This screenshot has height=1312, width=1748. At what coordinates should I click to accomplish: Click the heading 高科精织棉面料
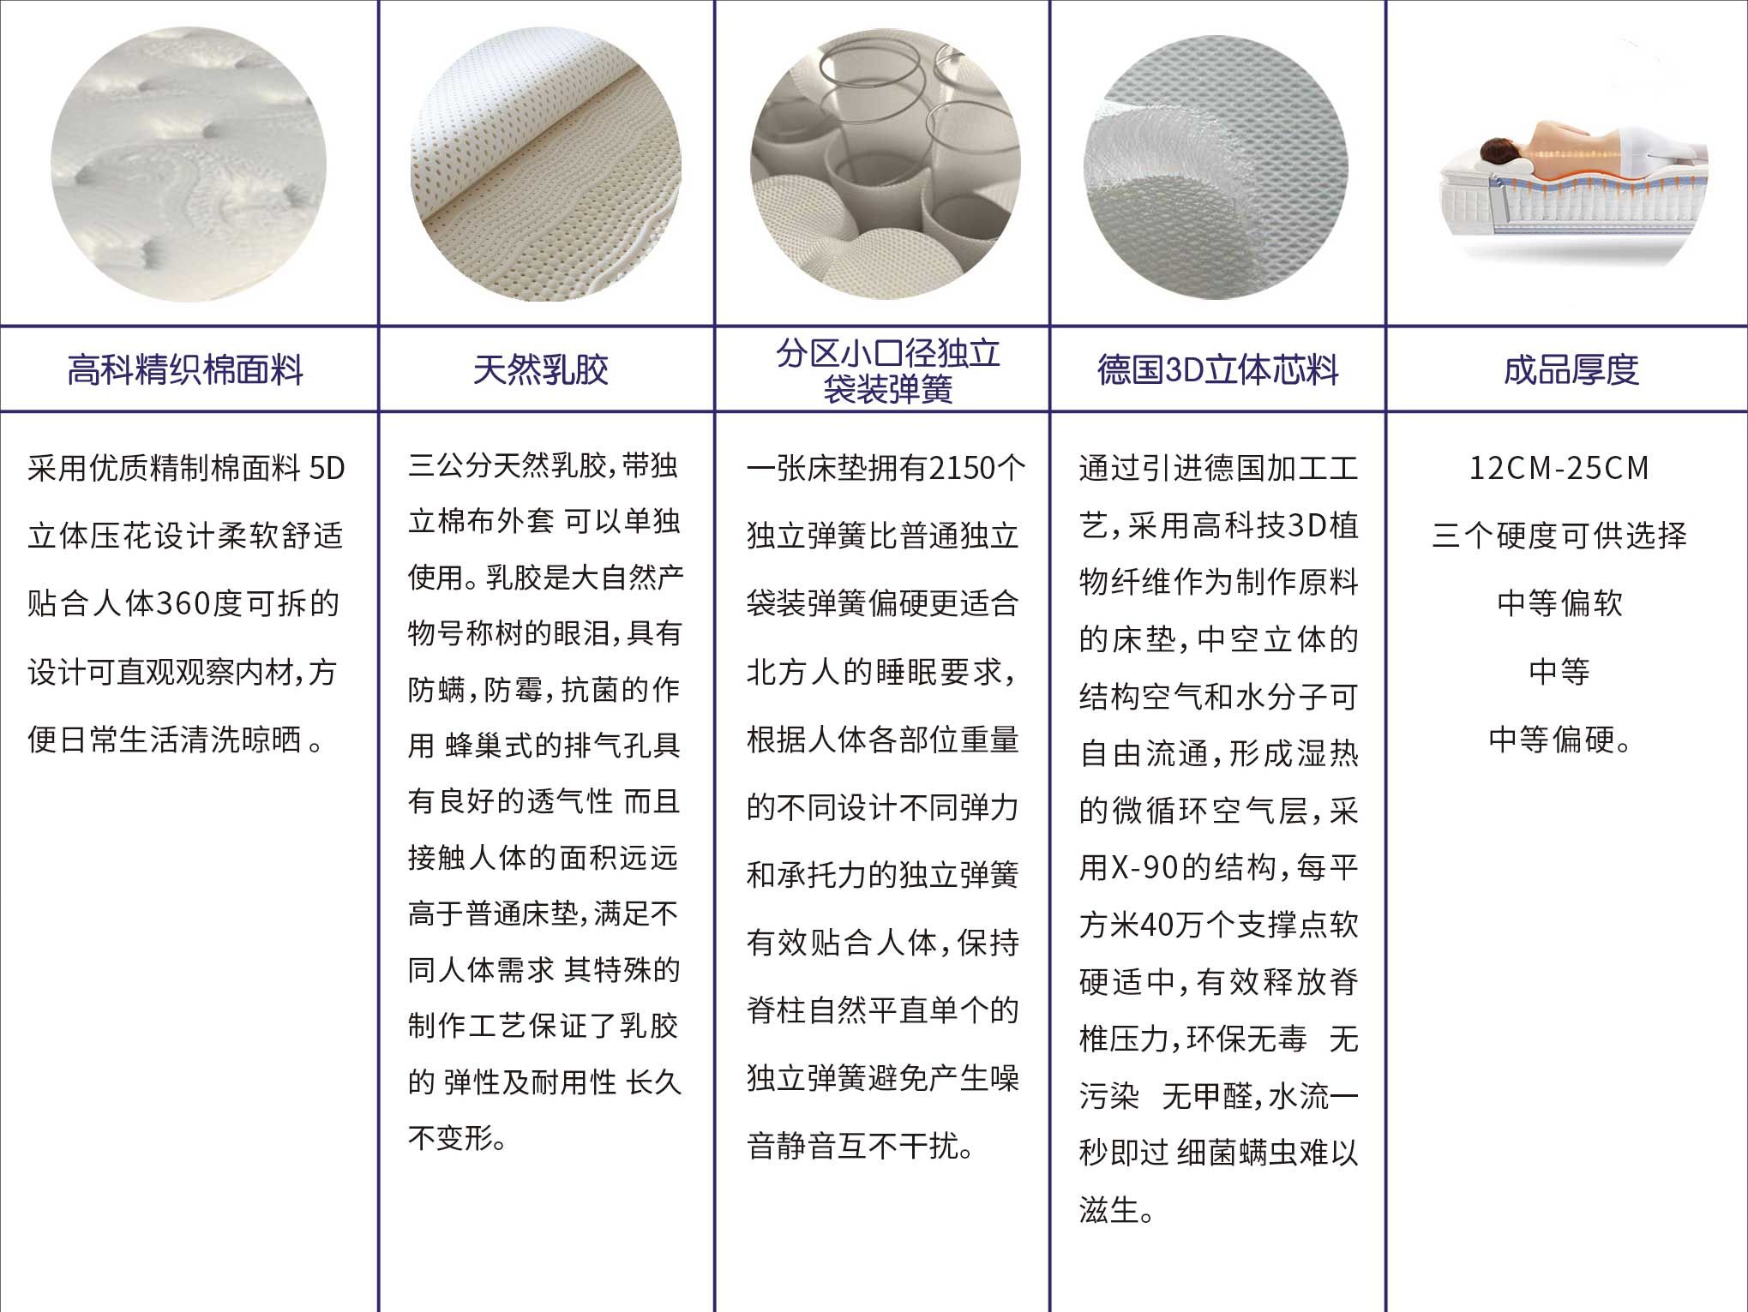click(x=185, y=370)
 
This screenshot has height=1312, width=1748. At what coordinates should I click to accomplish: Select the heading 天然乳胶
click(x=541, y=370)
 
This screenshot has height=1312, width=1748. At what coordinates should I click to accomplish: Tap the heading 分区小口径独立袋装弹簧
click(x=888, y=371)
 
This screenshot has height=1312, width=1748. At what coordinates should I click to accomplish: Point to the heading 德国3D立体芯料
click(x=1218, y=370)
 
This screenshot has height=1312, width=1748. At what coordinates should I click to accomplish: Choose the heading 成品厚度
click(x=1571, y=370)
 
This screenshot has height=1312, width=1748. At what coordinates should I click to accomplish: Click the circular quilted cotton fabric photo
click(x=189, y=165)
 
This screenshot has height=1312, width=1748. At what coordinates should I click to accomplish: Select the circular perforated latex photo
click(x=545, y=165)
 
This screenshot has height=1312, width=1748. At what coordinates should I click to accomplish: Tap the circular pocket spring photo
click(x=886, y=165)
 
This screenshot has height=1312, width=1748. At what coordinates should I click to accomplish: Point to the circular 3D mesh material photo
click(x=1216, y=166)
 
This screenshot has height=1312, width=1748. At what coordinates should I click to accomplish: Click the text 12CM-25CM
click(x=1559, y=468)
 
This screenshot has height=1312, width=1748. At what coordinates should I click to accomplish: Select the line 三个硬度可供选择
click(x=1559, y=536)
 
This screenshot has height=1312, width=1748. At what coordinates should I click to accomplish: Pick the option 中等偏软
click(x=1560, y=603)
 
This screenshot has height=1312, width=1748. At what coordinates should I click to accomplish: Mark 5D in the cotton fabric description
click(x=327, y=468)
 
